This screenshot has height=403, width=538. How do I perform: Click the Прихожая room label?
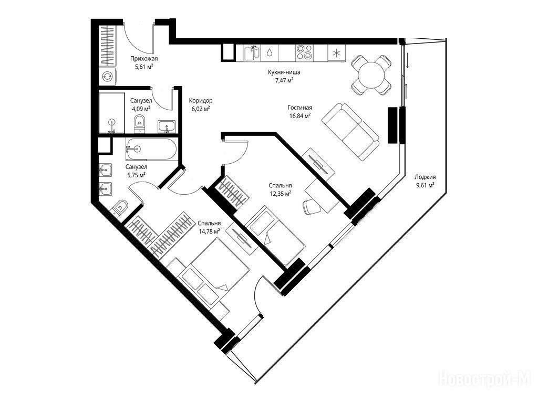click(144, 59)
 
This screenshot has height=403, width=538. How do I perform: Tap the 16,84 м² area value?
click(300, 116)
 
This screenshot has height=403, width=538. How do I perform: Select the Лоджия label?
click(425, 177)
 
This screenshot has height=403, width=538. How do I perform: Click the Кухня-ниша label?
click(284, 72)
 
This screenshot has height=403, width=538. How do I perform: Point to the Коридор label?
click(201, 101)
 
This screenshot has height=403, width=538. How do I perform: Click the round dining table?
click(371, 75)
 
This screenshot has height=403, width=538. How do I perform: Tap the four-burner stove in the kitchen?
click(304, 53)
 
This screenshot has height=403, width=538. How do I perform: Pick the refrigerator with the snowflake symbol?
click(337, 53)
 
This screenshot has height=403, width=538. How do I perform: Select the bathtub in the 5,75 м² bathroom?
click(151, 149)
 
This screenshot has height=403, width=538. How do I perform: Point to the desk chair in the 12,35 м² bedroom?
click(311, 206)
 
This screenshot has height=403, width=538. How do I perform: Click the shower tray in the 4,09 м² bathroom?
click(111, 112)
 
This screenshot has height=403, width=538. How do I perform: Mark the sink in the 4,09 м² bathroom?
click(167, 127)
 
